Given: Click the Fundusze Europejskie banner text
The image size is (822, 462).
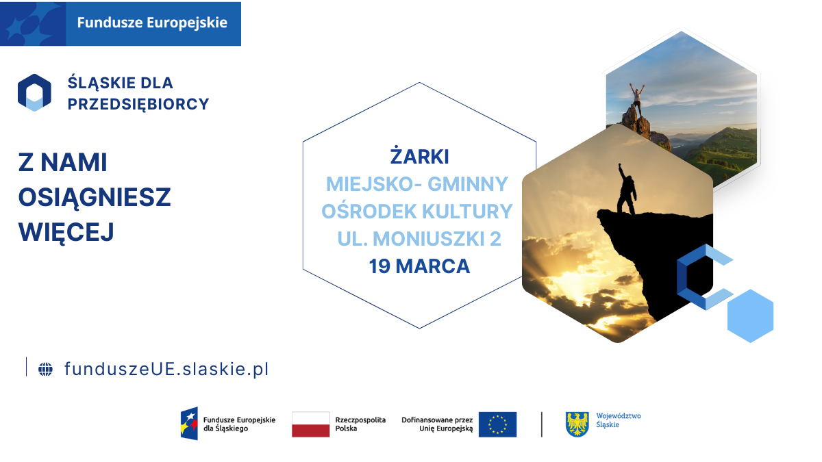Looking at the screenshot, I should (151, 23).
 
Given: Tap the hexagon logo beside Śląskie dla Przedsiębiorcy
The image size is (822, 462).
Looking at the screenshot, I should (34, 92).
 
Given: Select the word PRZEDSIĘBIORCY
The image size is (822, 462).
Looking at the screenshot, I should (138, 104).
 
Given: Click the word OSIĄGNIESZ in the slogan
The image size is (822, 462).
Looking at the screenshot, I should (95, 197).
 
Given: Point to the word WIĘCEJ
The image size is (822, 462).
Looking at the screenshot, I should (66, 231).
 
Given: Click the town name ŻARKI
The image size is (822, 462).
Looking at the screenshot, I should (419, 157).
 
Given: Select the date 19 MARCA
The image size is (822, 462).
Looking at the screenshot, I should (419, 266).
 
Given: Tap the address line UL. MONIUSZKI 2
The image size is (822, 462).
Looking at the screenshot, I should (419, 239).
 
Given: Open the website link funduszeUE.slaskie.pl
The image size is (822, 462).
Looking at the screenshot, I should (166, 369).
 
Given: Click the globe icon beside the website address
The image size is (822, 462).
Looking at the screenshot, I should (45, 369).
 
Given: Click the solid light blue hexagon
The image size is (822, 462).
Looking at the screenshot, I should (750, 316).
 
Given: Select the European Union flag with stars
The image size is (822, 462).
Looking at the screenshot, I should (497, 424).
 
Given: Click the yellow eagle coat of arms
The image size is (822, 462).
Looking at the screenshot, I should (577, 424).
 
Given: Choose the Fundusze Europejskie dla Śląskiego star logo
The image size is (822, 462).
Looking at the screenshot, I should (189, 424).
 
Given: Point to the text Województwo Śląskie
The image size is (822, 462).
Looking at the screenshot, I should (619, 420).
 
